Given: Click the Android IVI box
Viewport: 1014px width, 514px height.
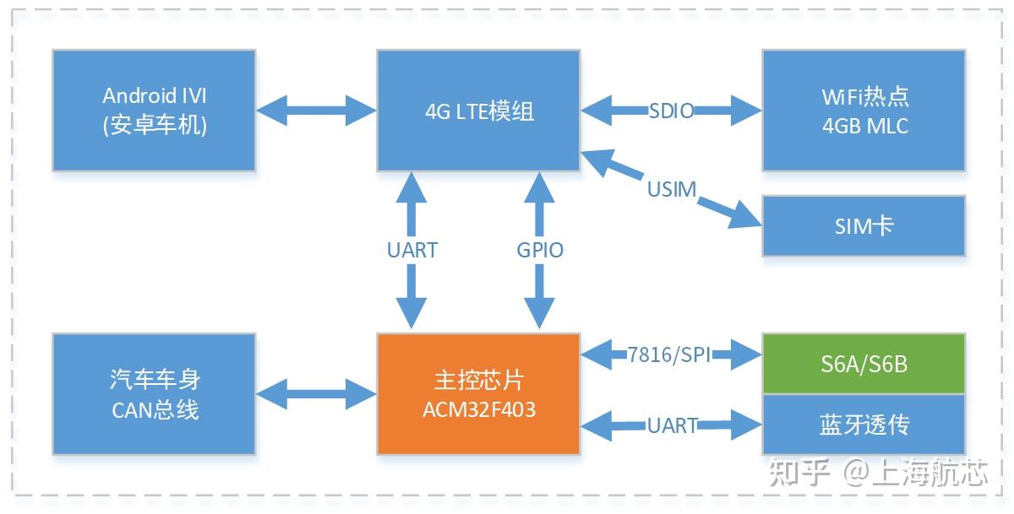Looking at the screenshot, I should (x=154, y=111).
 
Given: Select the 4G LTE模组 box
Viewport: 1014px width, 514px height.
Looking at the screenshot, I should (x=478, y=111).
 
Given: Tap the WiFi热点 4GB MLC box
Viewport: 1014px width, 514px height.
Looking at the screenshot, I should (x=864, y=111).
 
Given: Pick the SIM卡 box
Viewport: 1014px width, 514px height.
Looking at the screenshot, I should (x=864, y=226).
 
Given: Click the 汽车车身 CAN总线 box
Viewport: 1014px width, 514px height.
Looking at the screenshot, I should (x=154, y=394).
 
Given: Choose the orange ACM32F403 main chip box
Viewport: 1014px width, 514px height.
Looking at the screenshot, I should (x=478, y=394).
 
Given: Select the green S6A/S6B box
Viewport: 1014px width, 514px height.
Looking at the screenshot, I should (x=864, y=364).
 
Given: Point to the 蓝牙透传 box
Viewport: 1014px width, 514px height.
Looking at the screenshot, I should (x=864, y=425).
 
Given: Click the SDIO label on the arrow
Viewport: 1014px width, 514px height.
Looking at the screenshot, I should (x=672, y=111).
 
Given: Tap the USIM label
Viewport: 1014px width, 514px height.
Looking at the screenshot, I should (x=672, y=189).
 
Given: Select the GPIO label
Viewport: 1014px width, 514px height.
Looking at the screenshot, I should (x=540, y=250).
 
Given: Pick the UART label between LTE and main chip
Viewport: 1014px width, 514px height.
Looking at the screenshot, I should (x=412, y=250).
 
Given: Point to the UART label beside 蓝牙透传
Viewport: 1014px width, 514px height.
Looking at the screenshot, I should (x=672, y=425).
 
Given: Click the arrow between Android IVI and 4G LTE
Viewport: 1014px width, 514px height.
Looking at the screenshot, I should (x=316, y=108).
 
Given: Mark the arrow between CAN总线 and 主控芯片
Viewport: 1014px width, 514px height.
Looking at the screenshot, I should (x=316, y=392).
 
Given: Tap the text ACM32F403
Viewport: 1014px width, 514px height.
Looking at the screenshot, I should (x=478, y=411).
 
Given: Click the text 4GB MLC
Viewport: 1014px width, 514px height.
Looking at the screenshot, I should (x=865, y=126).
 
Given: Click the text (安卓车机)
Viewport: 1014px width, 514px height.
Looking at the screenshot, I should (x=154, y=126).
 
